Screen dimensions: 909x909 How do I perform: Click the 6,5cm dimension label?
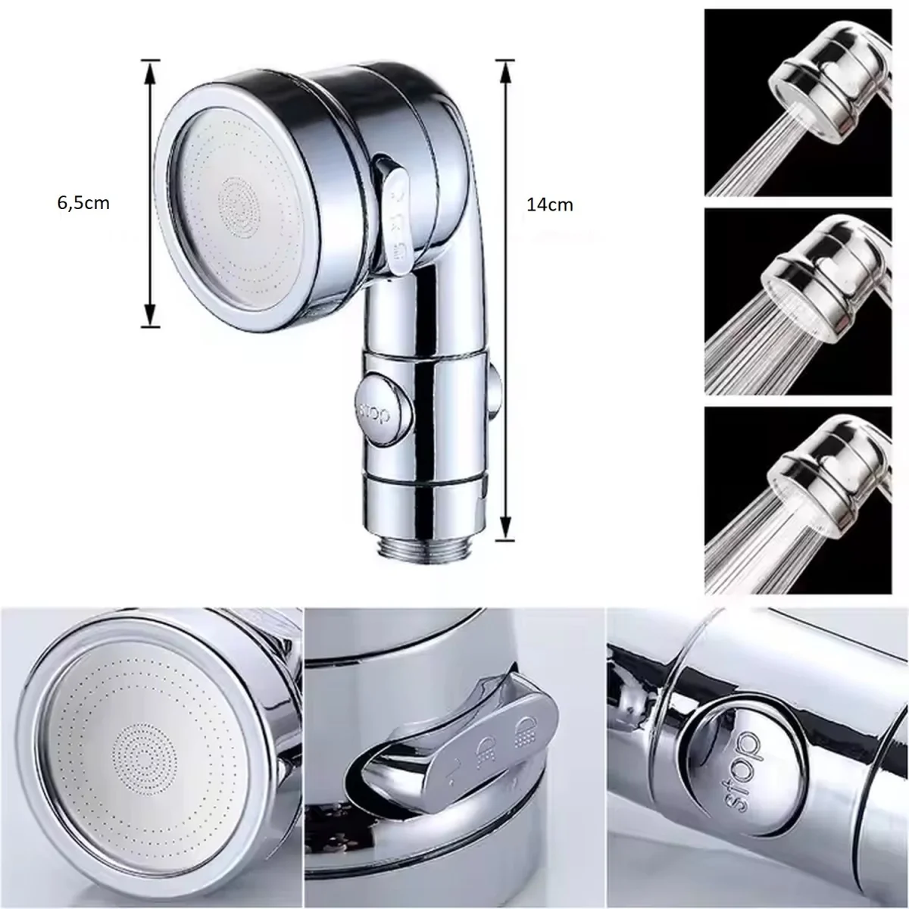click(x=83, y=203)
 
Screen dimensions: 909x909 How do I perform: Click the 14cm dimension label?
click(x=549, y=205)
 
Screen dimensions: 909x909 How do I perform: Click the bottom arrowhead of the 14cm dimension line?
click(x=505, y=523)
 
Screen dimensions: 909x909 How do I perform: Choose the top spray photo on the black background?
click(x=798, y=102)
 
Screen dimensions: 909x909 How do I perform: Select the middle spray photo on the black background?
click(x=798, y=301)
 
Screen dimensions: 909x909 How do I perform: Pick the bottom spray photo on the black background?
click(x=798, y=501)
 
